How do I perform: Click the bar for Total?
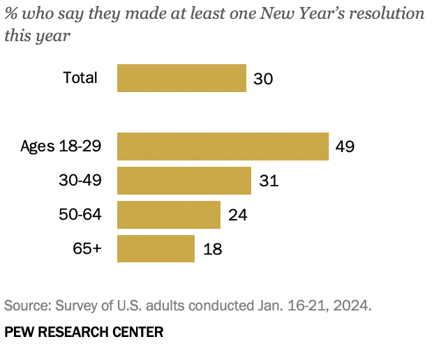(181, 78)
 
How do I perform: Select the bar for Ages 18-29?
(223, 147)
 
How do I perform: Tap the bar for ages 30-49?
(184, 181)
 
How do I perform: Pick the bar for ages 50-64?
(169, 214)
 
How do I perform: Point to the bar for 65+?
(156, 248)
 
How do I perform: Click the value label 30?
(263, 78)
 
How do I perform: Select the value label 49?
(345, 147)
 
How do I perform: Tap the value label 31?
(269, 181)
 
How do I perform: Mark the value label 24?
(238, 214)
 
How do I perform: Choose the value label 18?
(212, 248)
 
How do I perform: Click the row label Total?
(80, 77)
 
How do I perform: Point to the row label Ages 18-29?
(61, 147)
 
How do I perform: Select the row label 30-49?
(80, 181)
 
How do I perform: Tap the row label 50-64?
(80, 214)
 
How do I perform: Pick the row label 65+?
(87, 248)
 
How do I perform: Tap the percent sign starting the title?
(11, 14)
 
